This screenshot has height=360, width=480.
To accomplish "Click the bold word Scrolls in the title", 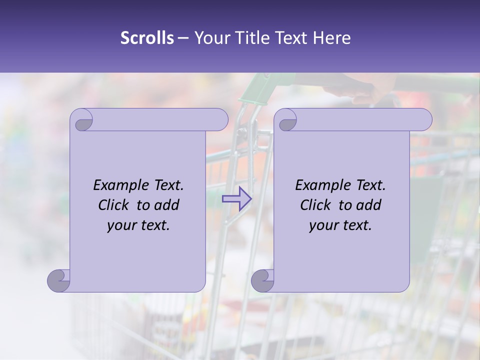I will point(147,38).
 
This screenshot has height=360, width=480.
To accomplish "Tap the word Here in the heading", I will point(332,38).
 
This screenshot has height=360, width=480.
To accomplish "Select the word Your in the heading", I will point(210,38).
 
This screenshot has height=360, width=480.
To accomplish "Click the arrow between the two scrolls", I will point(237,198).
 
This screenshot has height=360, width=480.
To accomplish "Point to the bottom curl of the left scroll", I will point(59,280).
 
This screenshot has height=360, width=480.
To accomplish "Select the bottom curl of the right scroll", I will point(262,280).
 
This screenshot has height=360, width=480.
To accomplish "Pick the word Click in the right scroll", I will point(316,205).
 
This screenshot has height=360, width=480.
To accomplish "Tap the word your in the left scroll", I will point(121,225).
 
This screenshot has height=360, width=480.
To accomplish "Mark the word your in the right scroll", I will point(323,225).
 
